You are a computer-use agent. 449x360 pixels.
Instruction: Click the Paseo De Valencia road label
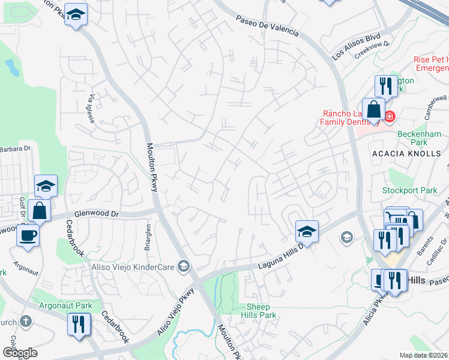click(267, 26)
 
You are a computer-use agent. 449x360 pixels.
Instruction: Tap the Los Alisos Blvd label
click(357, 46)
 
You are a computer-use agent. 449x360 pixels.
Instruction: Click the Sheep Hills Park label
click(259, 310)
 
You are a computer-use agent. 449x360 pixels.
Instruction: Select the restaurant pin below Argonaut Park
click(79, 325)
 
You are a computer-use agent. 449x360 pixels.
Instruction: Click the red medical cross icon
click(390, 116)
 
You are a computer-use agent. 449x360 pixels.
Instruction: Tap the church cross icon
click(25, 321)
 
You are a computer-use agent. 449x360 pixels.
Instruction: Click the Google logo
click(20, 353)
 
